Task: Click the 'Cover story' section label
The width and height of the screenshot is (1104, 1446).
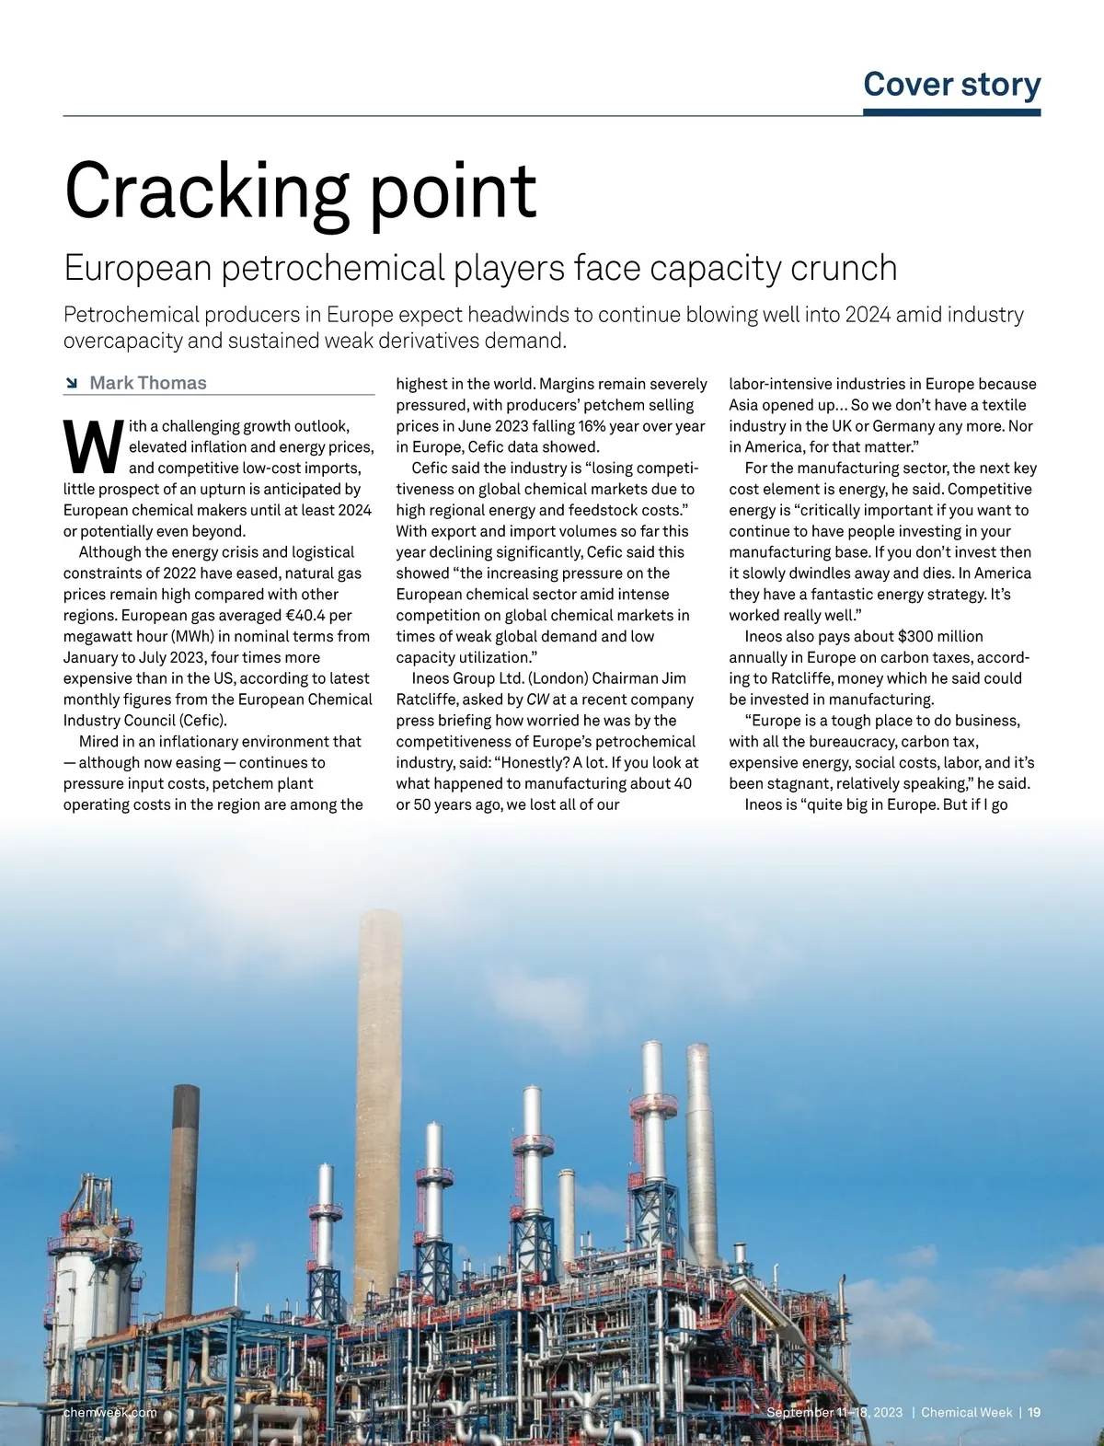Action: pyautogui.click(x=951, y=84)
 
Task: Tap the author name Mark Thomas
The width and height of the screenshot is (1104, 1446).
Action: pyautogui.click(x=148, y=383)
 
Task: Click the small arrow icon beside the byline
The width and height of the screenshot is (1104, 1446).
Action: pyautogui.click(x=72, y=383)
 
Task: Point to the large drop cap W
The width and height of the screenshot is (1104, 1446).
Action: pyautogui.click(x=93, y=446)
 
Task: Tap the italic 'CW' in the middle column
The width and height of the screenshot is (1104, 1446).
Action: pyautogui.click(x=537, y=700)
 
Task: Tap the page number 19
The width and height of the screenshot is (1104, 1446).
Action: pyautogui.click(x=1034, y=1412)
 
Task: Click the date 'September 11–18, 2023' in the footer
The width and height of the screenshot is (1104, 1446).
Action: pyautogui.click(x=834, y=1412)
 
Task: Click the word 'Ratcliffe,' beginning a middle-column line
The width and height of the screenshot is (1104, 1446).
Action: pyautogui.click(x=427, y=700)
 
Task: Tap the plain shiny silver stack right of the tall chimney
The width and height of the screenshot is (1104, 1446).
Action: pyautogui.click(x=701, y=1151)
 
